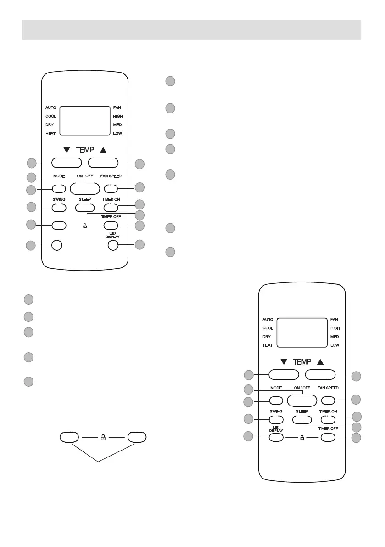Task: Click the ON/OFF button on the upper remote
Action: coord(85,188)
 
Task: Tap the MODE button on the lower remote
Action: coord(275,400)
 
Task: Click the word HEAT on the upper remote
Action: coord(51,133)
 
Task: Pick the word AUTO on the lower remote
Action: coord(268,319)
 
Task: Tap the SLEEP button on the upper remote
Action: coord(84,208)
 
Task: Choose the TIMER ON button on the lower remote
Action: coord(328,419)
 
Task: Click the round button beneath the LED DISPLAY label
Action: coord(113,245)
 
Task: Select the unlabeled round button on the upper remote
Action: coord(56,245)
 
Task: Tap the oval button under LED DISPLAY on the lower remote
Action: coord(275,437)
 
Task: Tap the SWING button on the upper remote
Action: coord(59,208)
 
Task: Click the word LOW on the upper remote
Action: coord(118,133)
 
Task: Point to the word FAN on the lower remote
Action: coord(335,319)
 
